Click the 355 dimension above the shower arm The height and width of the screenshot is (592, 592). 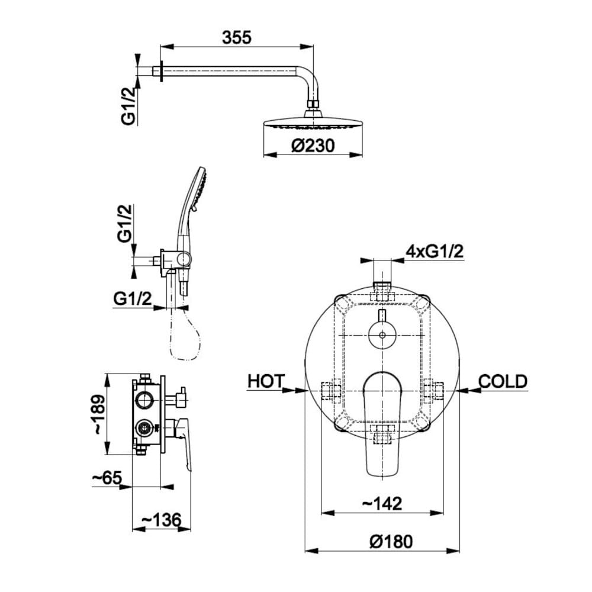click(x=237, y=37)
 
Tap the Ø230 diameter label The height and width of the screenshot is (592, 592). click(x=313, y=146)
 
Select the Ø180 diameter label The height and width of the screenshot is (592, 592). click(x=391, y=542)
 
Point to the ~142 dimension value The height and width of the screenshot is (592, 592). click(x=382, y=503)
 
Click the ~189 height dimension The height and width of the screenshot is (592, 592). click(x=99, y=414)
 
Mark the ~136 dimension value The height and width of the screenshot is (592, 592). click(x=161, y=520)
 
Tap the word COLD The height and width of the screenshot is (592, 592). click(x=503, y=381)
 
